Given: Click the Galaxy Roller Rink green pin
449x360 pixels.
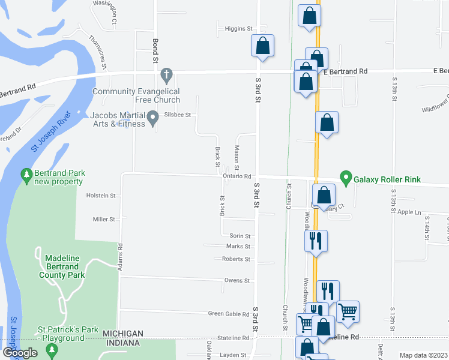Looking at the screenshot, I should click(x=345, y=178).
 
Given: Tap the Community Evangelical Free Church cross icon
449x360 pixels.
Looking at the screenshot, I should click(x=167, y=76).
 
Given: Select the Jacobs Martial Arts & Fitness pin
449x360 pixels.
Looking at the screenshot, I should click(x=154, y=119).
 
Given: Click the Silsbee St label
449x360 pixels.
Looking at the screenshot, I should click(x=178, y=115).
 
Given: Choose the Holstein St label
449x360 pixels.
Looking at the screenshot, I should click(x=101, y=196).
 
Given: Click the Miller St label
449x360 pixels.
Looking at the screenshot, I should click(x=104, y=220).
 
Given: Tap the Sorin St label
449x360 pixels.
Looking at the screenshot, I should click(x=240, y=236).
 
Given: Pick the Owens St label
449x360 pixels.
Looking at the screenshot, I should click(x=237, y=280).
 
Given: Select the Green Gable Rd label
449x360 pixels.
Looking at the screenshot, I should click(x=229, y=314).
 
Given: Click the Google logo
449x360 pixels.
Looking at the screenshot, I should click(x=20, y=353).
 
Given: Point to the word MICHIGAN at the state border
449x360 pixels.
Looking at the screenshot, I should click(x=122, y=334).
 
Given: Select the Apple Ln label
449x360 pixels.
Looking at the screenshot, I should click(x=410, y=212).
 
